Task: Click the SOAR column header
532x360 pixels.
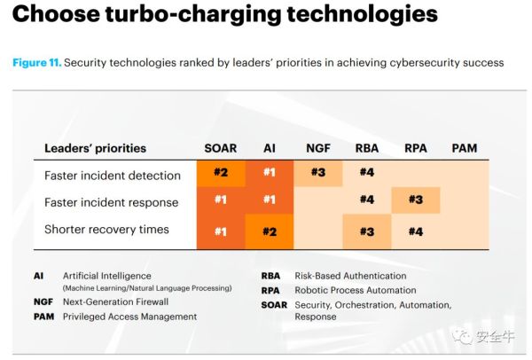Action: tap(221, 148)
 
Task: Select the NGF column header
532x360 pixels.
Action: tap(318, 148)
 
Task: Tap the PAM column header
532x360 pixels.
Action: tap(465, 148)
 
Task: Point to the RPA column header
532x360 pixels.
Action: tap(416, 148)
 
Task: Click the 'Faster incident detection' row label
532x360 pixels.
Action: tap(113, 176)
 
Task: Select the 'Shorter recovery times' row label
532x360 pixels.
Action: tap(106, 230)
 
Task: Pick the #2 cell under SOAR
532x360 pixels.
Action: tap(221, 172)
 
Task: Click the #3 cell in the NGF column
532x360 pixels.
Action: tap(318, 172)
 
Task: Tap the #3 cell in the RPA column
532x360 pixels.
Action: tap(416, 200)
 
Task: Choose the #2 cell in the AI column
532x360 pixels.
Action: tap(270, 231)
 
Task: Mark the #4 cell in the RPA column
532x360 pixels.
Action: tap(416, 231)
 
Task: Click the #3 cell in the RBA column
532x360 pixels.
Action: tap(367, 231)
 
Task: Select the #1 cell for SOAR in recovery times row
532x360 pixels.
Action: tap(221, 231)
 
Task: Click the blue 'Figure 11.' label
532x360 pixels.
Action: tap(37, 63)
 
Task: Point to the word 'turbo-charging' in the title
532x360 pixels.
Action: tap(193, 14)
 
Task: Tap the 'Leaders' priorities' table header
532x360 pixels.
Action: tap(96, 148)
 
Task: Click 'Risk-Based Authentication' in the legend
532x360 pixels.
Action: tap(350, 276)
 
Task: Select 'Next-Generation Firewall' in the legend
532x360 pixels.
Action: tap(115, 301)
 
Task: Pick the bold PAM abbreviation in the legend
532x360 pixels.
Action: tap(43, 317)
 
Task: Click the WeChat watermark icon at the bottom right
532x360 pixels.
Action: tap(462, 336)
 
